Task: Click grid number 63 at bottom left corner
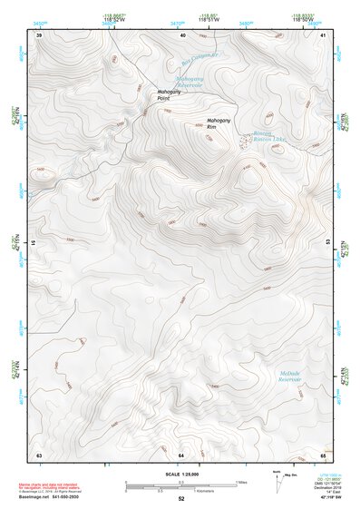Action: (x=39, y=454)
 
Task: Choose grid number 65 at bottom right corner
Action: (x=324, y=454)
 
